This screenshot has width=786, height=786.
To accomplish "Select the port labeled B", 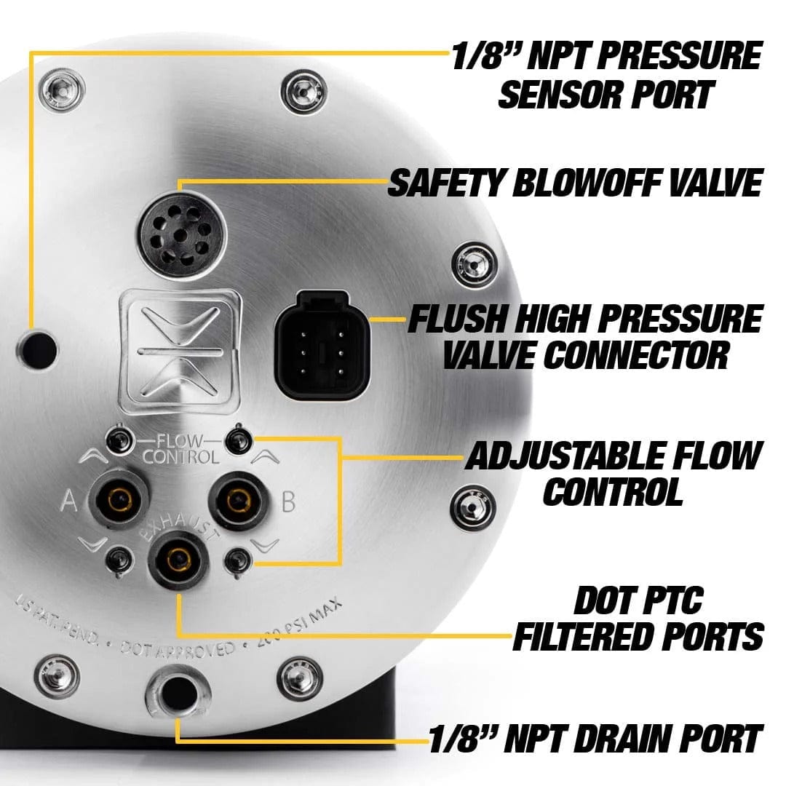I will tap(234, 499).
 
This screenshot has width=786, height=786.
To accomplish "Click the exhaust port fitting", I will tap(178, 559).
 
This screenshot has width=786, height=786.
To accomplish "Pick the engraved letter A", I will tap(71, 501).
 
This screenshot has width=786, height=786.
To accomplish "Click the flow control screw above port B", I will tap(236, 439).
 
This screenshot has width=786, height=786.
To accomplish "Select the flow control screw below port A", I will tap(116, 560).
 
